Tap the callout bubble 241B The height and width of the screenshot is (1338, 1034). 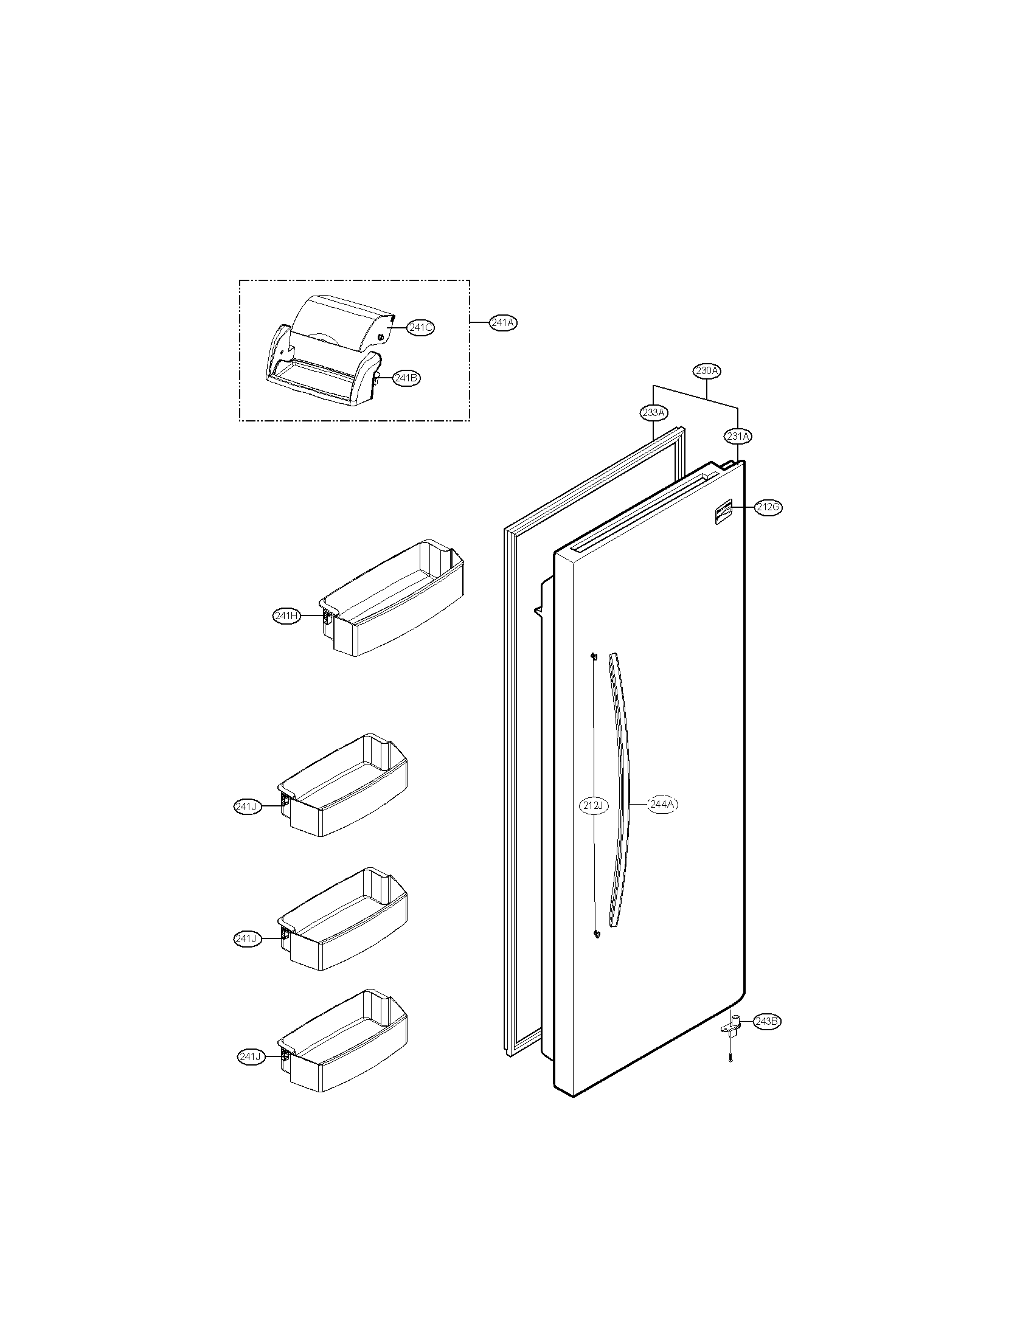pos(406,378)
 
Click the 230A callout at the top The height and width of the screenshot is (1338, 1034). pos(707,370)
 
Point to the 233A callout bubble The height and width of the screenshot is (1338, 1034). pos(654,412)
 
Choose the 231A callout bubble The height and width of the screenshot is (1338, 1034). pos(738,436)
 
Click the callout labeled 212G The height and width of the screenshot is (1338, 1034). pos(768,507)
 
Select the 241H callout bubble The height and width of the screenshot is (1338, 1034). pos(286,616)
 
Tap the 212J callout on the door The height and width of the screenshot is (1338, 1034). pos(594,806)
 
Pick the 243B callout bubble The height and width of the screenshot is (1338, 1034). pos(768,1021)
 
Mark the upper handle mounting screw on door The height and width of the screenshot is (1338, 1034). pos(593,657)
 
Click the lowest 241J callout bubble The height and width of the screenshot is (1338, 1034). pos(252,1056)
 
